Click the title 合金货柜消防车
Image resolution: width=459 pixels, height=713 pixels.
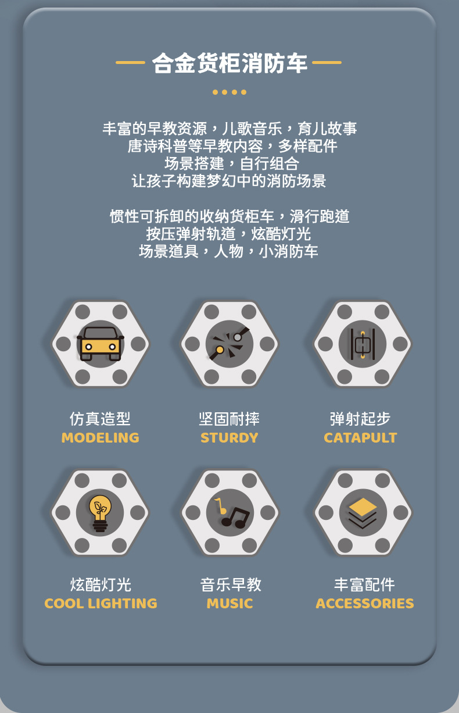tap(229, 63)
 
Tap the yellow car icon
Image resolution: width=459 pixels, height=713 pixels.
tap(101, 344)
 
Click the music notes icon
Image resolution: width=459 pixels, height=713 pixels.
tap(230, 512)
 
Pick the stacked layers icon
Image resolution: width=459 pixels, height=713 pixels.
tap(363, 512)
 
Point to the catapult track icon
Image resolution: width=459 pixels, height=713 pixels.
tap(363, 344)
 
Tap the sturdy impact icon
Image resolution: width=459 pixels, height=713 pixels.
tap(229, 344)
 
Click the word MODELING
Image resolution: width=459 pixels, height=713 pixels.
tap(101, 438)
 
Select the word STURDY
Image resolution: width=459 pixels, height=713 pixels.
tap(229, 438)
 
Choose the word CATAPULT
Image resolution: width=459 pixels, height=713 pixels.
tap(360, 438)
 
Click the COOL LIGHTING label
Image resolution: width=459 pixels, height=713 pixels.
tap(101, 604)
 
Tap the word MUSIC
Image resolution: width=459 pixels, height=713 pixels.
tap(229, 604)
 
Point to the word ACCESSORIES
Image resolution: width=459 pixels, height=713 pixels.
tap(365, 604)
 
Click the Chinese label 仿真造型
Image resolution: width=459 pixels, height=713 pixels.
tap(100, 419)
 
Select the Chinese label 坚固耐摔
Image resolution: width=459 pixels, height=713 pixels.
tap(229, 419)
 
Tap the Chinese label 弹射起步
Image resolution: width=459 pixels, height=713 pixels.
tap(360, 419)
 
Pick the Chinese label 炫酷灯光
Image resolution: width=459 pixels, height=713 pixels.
tap(101, 584)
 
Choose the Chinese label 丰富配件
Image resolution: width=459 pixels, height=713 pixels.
tap(364, 584)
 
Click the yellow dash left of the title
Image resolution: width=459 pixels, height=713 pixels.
tap(130, 62)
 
